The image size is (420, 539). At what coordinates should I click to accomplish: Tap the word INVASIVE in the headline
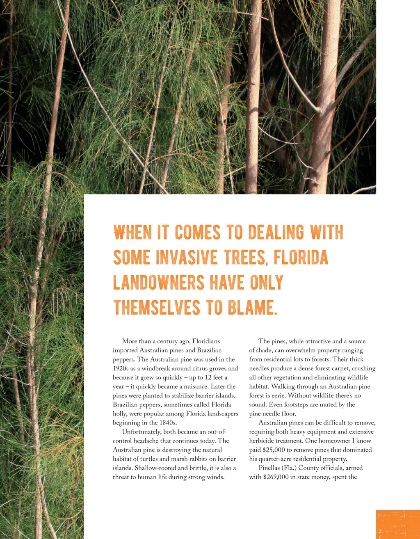(187, 258)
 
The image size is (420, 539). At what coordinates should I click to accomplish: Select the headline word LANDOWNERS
(158, 283)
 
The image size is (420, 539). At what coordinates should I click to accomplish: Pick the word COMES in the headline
(198, 232)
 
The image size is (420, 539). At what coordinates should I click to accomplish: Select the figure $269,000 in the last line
(275, 477)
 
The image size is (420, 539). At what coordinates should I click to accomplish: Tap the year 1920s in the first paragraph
(121, 368)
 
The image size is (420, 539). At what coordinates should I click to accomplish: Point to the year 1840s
(168, 423)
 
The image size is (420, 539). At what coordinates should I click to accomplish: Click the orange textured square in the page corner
(398, 524)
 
